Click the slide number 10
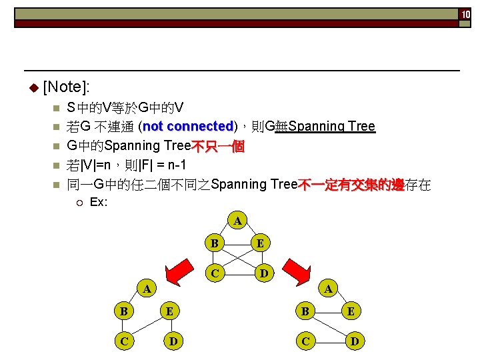tap(465, 14)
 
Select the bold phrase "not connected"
tap(188, 127)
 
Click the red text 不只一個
tap(218, 146)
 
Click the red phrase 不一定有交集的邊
tap(351, 185)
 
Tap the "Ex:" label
tap(99, 201)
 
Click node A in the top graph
tap(237, 220)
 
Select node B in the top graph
tap(214, 243)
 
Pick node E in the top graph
tap(261, 243)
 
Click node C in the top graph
tap(214, 273)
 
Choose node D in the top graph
tap(264, 273)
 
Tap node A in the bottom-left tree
tap(147, 289)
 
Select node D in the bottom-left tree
tap(173, 341)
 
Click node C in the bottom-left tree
tap(123, 341)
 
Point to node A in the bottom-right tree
tap(327, 289)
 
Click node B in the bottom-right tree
tap(305, 312)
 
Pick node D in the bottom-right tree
tap(355, 341)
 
